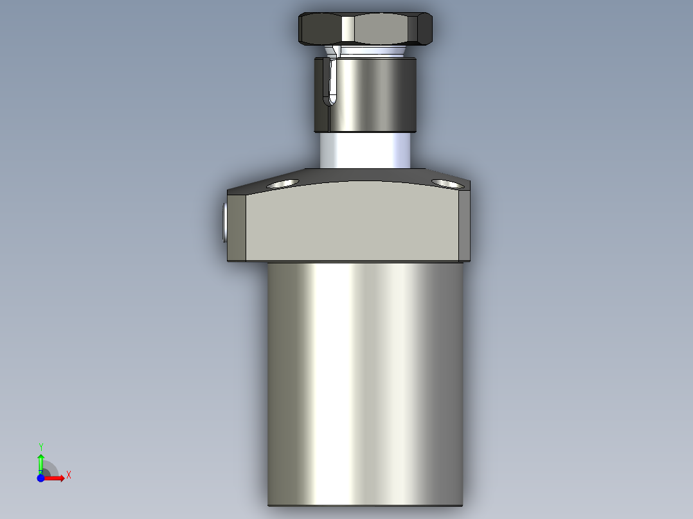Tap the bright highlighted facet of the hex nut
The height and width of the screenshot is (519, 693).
tap(348, 28)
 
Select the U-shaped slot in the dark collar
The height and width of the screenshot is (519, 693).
tap(330, 82)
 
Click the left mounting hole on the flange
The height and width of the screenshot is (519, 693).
tap(282, 184)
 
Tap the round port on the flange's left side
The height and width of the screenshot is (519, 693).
tap(223, 222)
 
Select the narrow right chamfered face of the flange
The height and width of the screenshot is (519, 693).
tap(464, 225)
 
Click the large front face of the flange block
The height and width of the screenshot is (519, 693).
tap(352, 222)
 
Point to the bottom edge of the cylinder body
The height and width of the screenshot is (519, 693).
tap(364, 505)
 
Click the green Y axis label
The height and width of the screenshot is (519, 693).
tap(40, 446)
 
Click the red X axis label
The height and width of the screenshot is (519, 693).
tap(69, 475)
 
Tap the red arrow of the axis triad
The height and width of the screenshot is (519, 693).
tap(57, 478)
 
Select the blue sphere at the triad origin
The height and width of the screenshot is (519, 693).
tap(40, 479)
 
